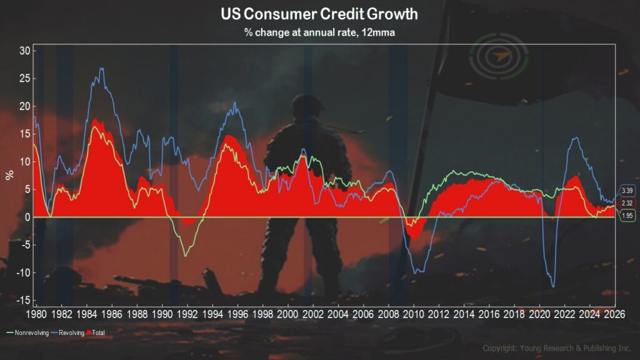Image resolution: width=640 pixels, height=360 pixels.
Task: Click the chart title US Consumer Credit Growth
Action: coord(319,14)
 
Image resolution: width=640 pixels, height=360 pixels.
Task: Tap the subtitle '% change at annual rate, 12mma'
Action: coord(319,32)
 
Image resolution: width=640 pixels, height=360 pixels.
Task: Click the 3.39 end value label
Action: coord(627,191)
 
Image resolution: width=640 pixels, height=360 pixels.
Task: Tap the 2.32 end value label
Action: coord(627,204)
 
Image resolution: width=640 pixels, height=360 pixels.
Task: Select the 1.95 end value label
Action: coord(627,215)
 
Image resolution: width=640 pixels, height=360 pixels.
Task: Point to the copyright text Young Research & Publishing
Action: coord(557,348)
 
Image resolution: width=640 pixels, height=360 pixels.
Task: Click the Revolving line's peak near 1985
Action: coord(101,68)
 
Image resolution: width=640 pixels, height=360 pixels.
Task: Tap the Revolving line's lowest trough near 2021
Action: coord(553,287)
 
